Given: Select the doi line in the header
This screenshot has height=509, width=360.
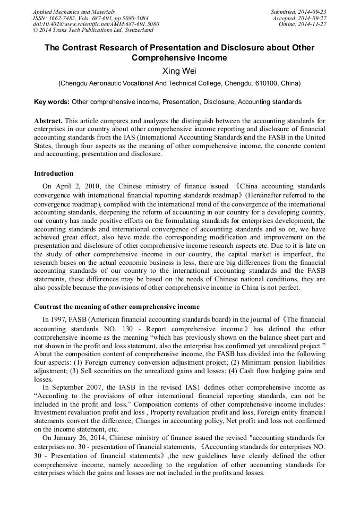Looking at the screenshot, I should click(x=96, y=24).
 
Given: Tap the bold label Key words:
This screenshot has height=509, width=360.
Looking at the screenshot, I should click(x=52, y=101).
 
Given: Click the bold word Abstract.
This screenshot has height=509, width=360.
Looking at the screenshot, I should click(x=49, y=121).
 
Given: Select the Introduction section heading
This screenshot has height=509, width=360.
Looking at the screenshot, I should click(x=54, y=174).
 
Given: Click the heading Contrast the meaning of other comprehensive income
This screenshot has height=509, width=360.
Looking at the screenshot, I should click(x=117, y=307).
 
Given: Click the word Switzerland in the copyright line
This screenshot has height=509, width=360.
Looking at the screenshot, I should click(x=135, y=31).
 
